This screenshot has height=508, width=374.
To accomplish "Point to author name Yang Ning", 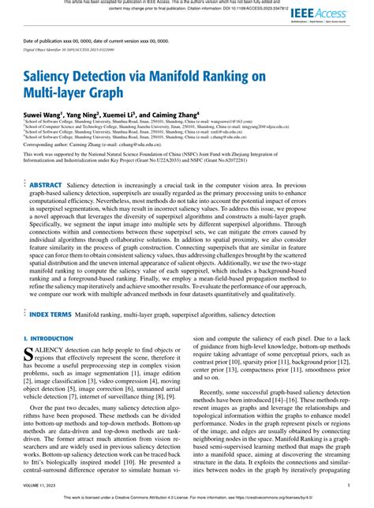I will [x=96, y=115].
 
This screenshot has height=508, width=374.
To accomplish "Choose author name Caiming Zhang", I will [x=198, y=115].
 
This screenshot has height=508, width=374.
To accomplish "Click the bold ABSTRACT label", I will [x=45, y=185].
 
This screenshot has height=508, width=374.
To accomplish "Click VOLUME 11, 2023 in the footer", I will [x=43, y=486].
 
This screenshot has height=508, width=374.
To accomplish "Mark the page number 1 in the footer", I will [x=348, y=486].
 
